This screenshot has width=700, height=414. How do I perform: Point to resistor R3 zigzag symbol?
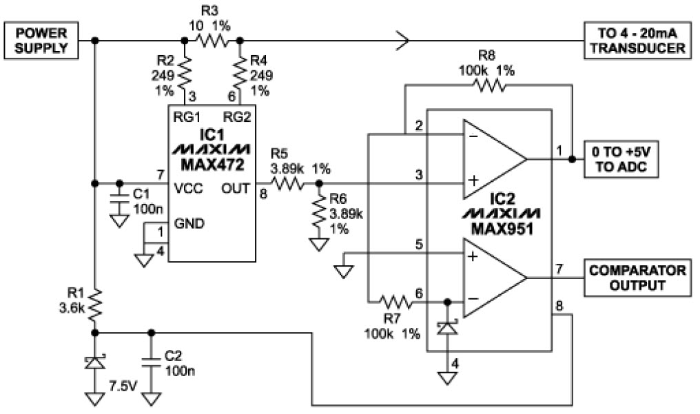[212, 41]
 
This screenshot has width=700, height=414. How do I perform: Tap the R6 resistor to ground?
[318, 214]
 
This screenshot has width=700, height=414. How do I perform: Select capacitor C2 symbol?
[150, 360]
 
